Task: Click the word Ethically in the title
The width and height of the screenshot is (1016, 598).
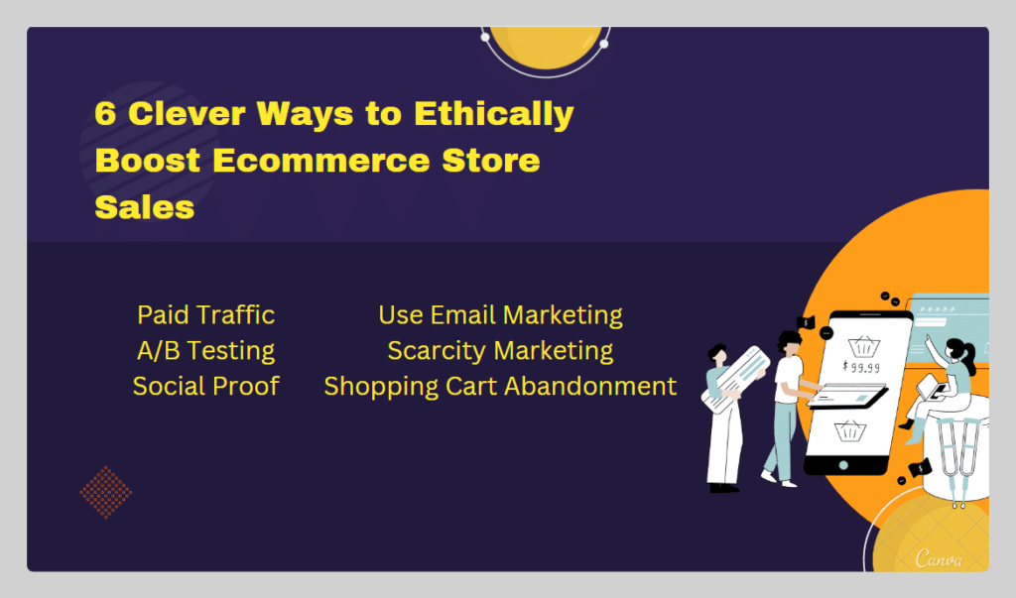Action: point(494,115)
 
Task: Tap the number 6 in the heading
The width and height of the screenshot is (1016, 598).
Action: point(105,113)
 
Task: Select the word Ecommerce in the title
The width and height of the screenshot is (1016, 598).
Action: point(320,160)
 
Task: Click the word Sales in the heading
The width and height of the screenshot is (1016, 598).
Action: point(145,207)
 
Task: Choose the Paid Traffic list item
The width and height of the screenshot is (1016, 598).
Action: point(206,315)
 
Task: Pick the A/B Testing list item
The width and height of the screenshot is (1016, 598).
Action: point(206,350)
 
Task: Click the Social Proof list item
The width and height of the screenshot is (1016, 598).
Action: point(206,386)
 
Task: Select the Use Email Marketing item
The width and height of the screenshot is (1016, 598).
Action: point(500,315)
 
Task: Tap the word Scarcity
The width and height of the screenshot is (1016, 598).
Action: point(437,351)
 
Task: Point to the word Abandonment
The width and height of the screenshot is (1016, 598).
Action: point(590,386)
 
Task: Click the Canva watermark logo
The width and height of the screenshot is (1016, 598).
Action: point(939,558)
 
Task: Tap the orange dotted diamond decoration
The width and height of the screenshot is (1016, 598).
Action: point(105,493)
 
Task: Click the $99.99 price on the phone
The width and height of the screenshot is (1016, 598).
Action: point(861,367)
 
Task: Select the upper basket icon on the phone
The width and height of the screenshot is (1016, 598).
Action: point(864,347)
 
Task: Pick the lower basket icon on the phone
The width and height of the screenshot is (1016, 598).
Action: point(850,430)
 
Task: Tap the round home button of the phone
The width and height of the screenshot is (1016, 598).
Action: point(843,465)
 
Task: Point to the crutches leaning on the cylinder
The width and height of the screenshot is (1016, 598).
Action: point(957,461)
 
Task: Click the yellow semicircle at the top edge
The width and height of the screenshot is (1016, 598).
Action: point(547,48)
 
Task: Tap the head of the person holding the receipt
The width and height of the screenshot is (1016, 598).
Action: point(717,354)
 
